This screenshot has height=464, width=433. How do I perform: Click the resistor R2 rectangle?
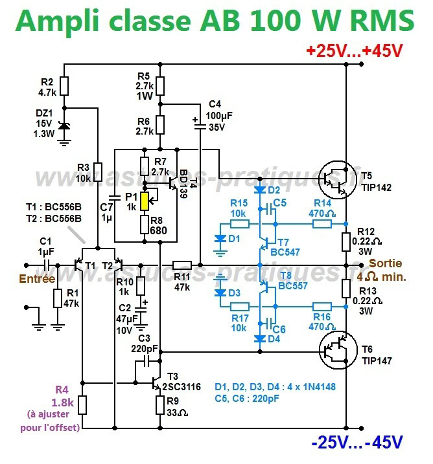pos(64,85)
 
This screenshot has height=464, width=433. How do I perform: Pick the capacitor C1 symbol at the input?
pos(45,265)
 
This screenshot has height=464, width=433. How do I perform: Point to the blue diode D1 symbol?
pos(220,238)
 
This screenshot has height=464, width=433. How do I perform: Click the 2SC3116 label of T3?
pos(183,386)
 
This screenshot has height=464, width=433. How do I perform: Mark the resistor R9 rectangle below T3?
pos(160,404)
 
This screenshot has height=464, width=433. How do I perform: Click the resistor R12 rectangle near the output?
pos(345,242)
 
